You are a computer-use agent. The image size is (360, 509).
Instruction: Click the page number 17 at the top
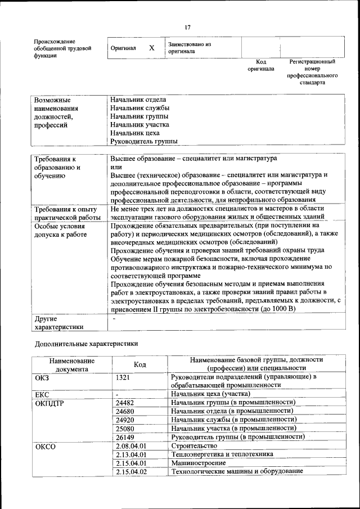pyautogui.click(x=188, y=27)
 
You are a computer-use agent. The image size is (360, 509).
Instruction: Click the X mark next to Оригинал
pyautogui.click(x=151, y=48)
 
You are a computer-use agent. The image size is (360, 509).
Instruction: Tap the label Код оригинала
pyautogui.click(x=260, y=65)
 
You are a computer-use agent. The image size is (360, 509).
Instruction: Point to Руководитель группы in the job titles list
pyautogui.click(x=143, y=141)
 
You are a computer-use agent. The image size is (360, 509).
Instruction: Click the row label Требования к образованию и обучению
pyautogui.click(x=56, y=167)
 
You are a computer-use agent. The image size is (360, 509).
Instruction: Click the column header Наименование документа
pyautogui.click(x=71, y=364)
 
